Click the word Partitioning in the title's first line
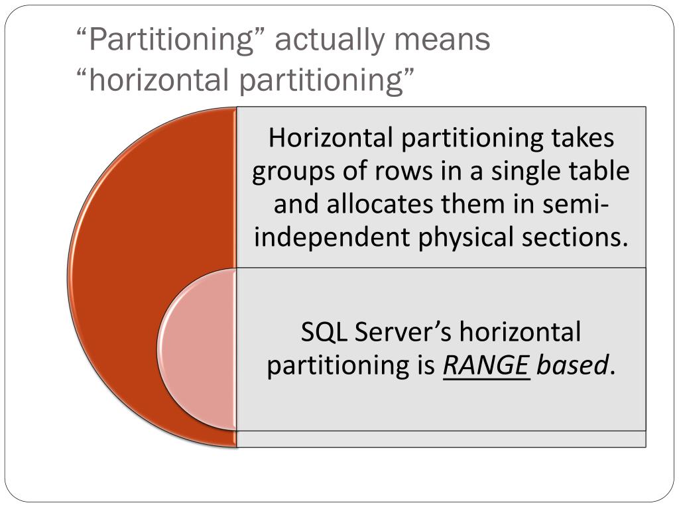click(174, 40)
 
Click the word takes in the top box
click(583, 139)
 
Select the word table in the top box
click(603, 172)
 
